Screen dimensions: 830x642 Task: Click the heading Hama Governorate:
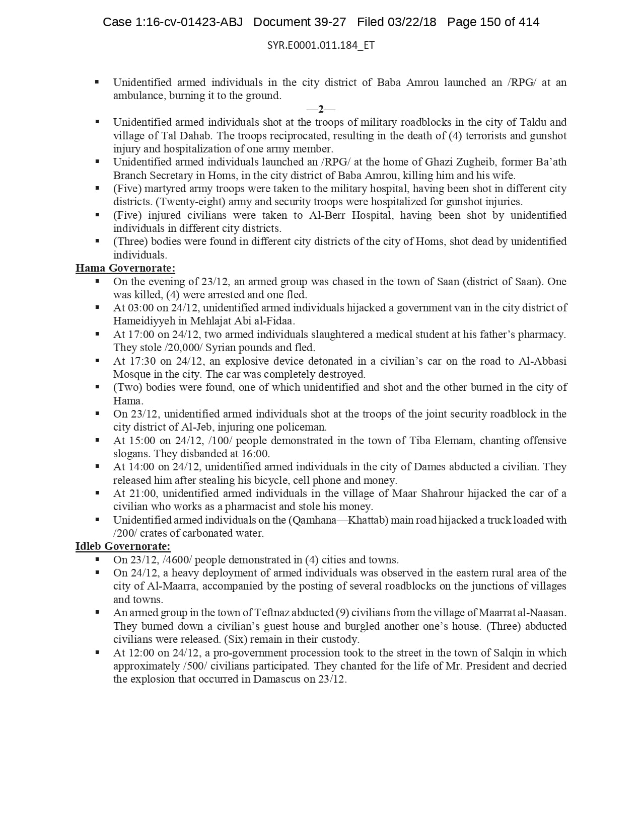[x=125, y=268]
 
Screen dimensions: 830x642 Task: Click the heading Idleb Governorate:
[x=123, y=546]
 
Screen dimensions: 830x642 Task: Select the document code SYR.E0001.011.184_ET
[x=321, y=45]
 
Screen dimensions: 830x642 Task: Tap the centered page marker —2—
[x=321, y=109]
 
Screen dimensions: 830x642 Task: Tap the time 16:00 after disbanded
[x=254, y=454]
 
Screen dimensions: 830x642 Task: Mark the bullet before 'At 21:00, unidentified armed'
[x=97, y=493]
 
